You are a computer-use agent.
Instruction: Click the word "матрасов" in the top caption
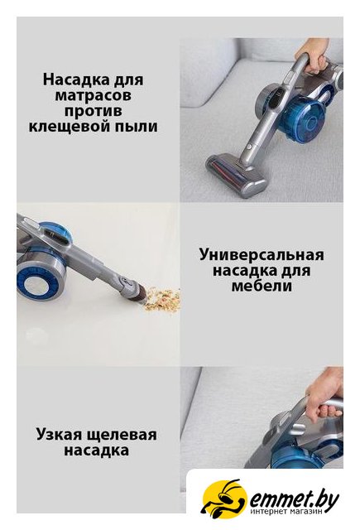pyautogui.click(x=93, y=96)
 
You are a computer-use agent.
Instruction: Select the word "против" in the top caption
pyautogui.click(x=94, y=112)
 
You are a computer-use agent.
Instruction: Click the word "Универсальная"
pyautogui.click(x=262, y=255)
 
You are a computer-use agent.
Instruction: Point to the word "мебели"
pyautogui.click(x=262, y=286)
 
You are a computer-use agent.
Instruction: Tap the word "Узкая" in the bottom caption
pyautogui.click(x=59, y=434)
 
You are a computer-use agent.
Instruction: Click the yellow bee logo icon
pyautogui.click(x=221, y=497)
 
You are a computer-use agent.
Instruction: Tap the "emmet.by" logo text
pyautogui.click(x=294, y=497)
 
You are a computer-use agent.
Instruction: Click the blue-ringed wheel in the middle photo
pyautogui.click(x=41, y=278)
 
